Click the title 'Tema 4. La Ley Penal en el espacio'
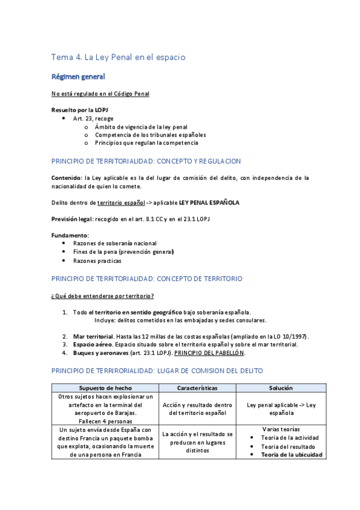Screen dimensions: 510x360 (118, 57)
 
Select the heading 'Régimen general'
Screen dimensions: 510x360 (78, 77)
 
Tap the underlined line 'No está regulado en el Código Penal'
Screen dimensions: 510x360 (100, 94)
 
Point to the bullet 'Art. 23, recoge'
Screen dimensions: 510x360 (93, 118)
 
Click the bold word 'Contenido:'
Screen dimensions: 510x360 (67, 178)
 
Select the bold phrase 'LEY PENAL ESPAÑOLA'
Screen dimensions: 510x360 (209, 203)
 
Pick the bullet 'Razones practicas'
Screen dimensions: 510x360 (97, 261)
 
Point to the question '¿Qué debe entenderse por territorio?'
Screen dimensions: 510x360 (103, 295)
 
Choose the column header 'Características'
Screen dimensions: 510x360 (197, 388)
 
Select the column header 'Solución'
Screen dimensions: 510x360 (281, 388)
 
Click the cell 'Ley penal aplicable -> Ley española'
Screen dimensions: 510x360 (281, 409)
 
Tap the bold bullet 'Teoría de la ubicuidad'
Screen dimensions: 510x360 (293, 455)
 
